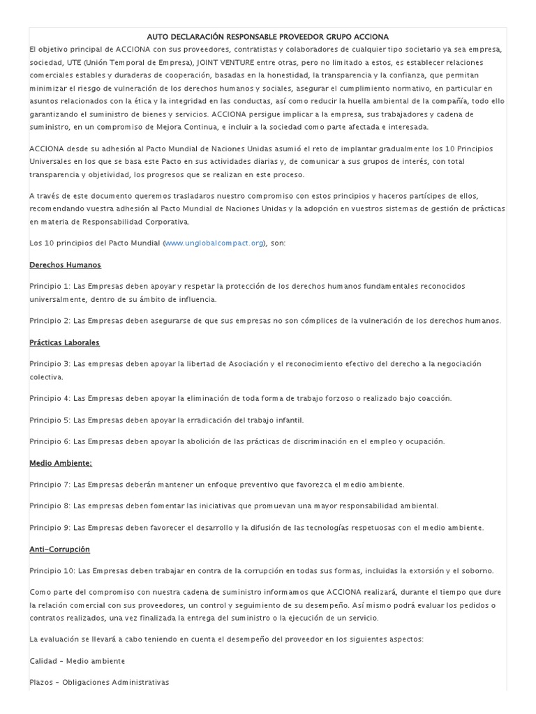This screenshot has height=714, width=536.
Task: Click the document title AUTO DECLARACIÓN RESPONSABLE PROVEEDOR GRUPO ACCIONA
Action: click(268, 36)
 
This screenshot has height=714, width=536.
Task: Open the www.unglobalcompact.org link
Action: click(214, 243)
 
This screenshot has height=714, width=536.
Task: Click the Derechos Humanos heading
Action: click(65, 265)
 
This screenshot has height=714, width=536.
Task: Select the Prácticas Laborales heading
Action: click(64, 342)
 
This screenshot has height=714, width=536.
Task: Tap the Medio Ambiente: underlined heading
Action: click(61, 463)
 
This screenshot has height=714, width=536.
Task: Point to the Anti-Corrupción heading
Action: click(59, 549)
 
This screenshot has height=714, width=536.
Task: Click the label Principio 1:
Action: click(50, 287)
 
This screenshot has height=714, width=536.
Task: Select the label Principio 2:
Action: click(50, 321)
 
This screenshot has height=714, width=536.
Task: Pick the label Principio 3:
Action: click(50, 364)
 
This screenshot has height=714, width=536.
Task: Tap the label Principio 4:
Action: click(50, 398)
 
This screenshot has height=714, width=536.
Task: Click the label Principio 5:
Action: click(50, 420)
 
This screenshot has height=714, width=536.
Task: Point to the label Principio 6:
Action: click(50, 441)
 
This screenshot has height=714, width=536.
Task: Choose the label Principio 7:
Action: click(50, 485)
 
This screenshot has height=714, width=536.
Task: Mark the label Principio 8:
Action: click(50, 506)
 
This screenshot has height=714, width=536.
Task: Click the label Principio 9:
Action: click(50, 527)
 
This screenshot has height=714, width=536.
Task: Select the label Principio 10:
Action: click(52, 570)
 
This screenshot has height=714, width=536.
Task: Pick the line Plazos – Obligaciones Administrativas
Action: click(99, 683)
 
